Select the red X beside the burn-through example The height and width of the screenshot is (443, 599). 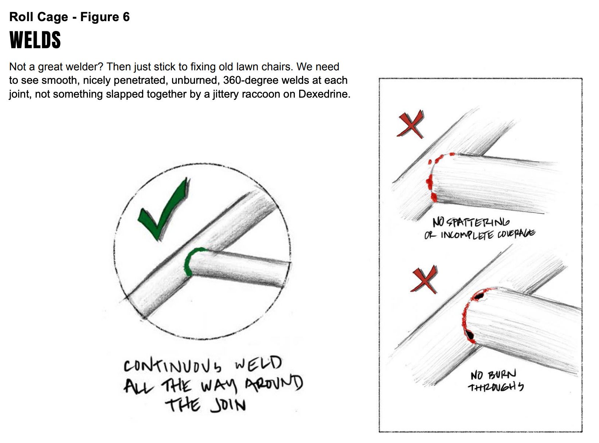[x=425, y=279]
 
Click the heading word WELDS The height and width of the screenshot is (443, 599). [x=35, y=40]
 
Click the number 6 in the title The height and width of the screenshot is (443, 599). [x=126, y=17]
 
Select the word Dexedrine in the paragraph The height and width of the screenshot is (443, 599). [x=324, y=94]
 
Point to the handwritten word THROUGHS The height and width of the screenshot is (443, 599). [x=496, y=387]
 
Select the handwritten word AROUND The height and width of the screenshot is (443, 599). [x=274, y=384]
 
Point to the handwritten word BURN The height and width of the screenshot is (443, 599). [x=503, y=375]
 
